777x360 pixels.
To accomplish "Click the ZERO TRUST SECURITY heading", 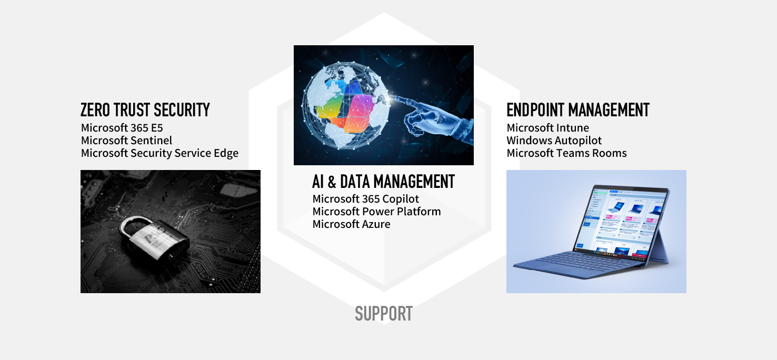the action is [145, 110].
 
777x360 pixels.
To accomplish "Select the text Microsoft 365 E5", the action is [122, 128].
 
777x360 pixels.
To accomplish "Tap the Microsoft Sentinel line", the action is [126, 141].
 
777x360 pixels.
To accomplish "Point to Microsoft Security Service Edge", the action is [160, 153].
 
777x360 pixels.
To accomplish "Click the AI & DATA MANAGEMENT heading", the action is [383, 182].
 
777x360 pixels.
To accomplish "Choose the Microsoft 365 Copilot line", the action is [366, 199].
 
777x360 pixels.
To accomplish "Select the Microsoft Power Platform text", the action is [376, 212].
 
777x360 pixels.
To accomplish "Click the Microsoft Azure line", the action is [351, 224].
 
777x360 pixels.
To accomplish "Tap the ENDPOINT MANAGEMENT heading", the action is [578, 110].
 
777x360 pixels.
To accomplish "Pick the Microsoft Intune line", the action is [547, 128].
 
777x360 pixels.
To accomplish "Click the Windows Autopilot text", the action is [554, 141].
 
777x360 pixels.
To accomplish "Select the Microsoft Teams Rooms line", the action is [566, 153].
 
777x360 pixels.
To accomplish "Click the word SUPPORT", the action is [384, 314].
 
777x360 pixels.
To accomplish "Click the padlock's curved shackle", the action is [135, 225].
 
